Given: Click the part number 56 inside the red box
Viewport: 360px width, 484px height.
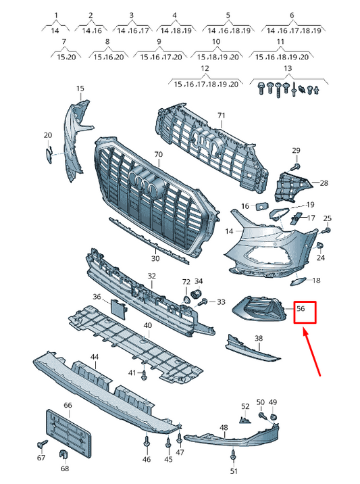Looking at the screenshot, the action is coord(301,308).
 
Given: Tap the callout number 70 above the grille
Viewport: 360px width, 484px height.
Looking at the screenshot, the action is coord(158,154).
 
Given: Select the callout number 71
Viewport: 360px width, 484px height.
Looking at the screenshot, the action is coord(222,116).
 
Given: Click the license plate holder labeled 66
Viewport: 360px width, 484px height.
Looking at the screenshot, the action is coord(68,431).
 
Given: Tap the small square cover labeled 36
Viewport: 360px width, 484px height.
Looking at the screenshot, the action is coord(118,310).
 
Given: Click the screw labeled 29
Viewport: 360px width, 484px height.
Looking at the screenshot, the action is coord(296,167).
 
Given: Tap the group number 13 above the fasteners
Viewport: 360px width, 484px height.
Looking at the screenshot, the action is coord(288,68).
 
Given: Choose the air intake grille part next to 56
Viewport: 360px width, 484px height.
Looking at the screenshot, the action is coord(259,308).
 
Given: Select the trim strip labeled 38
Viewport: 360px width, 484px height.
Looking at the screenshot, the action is coord(252,348).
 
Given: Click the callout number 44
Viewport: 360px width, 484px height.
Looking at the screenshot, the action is coord(95,357).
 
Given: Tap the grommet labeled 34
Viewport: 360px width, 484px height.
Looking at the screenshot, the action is coord(197,293).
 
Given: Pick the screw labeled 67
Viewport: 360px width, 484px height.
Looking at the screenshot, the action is coord(42,444).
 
